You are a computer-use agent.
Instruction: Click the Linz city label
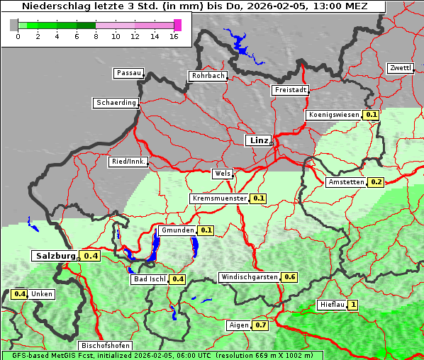tap(258, 140)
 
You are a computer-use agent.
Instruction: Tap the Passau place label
tap(128, 73)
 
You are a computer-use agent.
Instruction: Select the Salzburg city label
tap(55, 256)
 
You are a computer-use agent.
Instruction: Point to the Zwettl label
tap(400, 68)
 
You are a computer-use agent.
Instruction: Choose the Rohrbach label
tap(207, 76)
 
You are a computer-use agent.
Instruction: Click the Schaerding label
tap(116, 103)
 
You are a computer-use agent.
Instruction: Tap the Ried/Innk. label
tap(128, 162)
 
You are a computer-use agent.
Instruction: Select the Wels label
tap(222, 174)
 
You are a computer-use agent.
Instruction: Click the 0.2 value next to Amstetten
tap(376, 182)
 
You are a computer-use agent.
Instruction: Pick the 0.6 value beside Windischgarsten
tap(289, 277)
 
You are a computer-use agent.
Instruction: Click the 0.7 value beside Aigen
tap(260, 325)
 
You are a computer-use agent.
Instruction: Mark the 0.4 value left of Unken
tap(19, 293)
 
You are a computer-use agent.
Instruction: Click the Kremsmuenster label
tap(220, 198)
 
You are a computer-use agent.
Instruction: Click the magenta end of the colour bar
tap(177, 25)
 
